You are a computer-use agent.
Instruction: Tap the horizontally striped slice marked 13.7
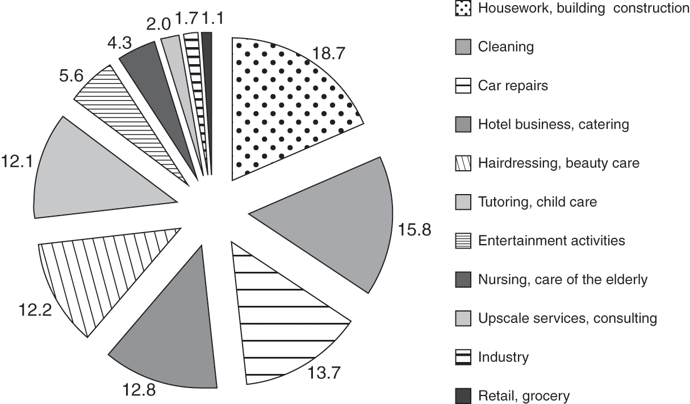click(x=284, y=318)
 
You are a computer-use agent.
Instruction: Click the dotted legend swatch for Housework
click(x=463, y=8)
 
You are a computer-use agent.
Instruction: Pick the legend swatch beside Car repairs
click(x=463, y=86)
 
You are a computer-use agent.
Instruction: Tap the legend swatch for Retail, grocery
click(x=463, y=395)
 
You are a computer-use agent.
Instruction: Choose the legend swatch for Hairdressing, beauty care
click(x=463, y=163)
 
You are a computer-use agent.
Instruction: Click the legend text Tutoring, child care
click(x=537, y=202)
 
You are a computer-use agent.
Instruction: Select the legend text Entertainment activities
click(x=551, y=241)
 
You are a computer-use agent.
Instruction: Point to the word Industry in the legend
click(x=504, y=357)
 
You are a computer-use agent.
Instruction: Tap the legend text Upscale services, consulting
click(x=567, y=318)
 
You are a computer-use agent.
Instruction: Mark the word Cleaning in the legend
click(x=506, y=47)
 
